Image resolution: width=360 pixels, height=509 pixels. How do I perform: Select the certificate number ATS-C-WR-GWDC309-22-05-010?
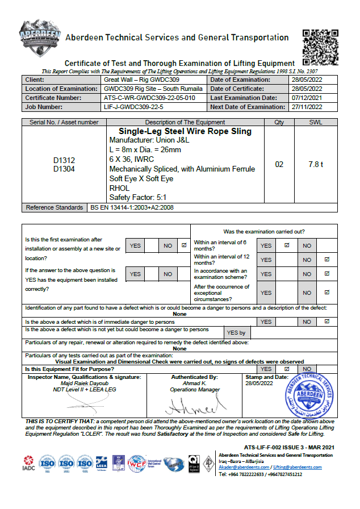[150, 98]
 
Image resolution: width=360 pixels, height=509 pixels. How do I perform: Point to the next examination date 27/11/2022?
[306, 107]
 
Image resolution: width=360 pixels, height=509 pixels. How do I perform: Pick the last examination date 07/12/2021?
[306, 98]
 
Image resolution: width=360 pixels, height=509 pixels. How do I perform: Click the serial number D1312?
[64, 161]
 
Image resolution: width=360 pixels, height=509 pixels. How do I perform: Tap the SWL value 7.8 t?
[316, 164]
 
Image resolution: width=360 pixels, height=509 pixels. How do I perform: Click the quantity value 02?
[279, 164]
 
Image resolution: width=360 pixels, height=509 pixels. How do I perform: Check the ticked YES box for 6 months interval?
[287, 245]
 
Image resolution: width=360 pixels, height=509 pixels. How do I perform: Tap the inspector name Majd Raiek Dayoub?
[76, 383]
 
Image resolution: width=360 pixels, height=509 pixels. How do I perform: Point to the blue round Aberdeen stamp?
[307, 397]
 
